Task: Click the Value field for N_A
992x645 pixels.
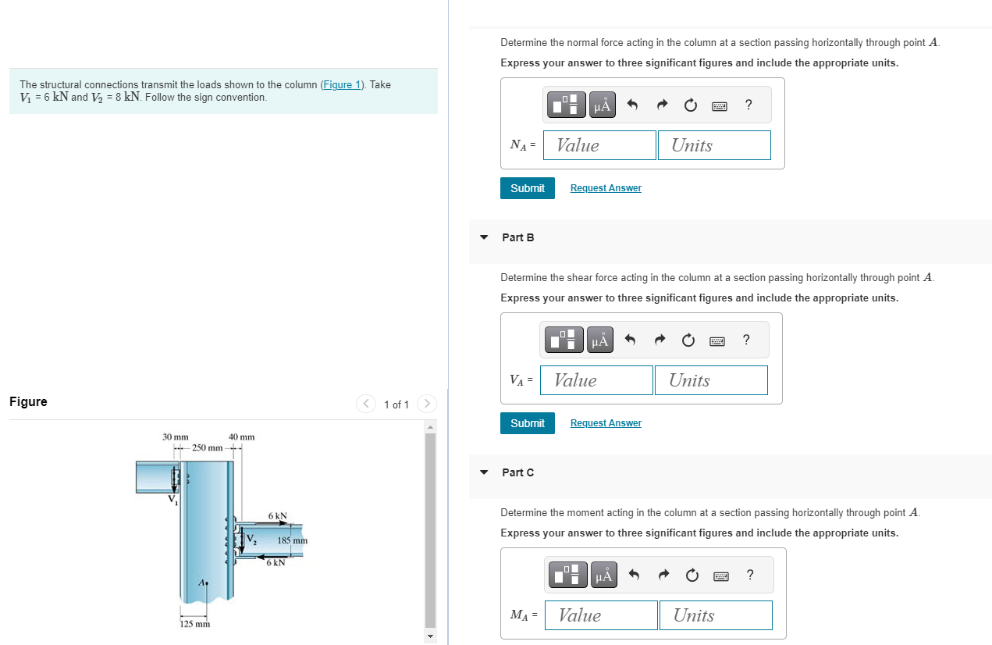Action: [599, 145]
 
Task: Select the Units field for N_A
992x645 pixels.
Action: [714, 145]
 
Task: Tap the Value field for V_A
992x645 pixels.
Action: [596, 380]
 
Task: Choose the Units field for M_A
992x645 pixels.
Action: [715, 615]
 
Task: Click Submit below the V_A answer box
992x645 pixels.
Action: [528, 423]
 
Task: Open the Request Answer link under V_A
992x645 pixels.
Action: [606, 423]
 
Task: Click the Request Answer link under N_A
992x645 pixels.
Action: [606, 188]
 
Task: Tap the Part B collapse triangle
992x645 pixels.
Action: [484, 237]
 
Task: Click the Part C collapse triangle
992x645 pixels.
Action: [484, 472]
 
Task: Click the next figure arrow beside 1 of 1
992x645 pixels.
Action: [426, 404]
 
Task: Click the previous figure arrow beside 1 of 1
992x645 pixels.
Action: [366, 404]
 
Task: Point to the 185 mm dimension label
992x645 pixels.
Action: [293, 540]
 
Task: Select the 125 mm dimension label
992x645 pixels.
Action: [195, 624]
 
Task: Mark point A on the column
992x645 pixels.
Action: [207, 583]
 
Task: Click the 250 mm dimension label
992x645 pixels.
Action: [207, 448]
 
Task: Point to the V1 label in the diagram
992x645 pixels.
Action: [172, 500]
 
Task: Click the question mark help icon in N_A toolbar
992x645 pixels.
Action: [748, 105]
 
